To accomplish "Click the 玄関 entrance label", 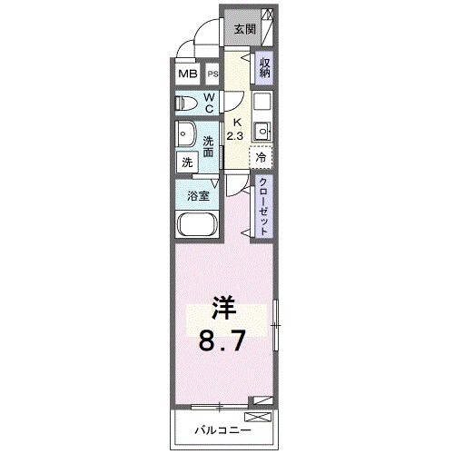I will click(x=244, y=28).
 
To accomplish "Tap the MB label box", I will click(x=187, y=74).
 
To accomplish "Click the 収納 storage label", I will click(x=264, y=68).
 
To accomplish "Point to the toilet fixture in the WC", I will click(x=184, y=104).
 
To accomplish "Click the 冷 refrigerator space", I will click(x=262, y=156).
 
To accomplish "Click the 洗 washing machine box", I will click(x=187, y=163).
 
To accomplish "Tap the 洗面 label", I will click(x=208, y=145).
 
